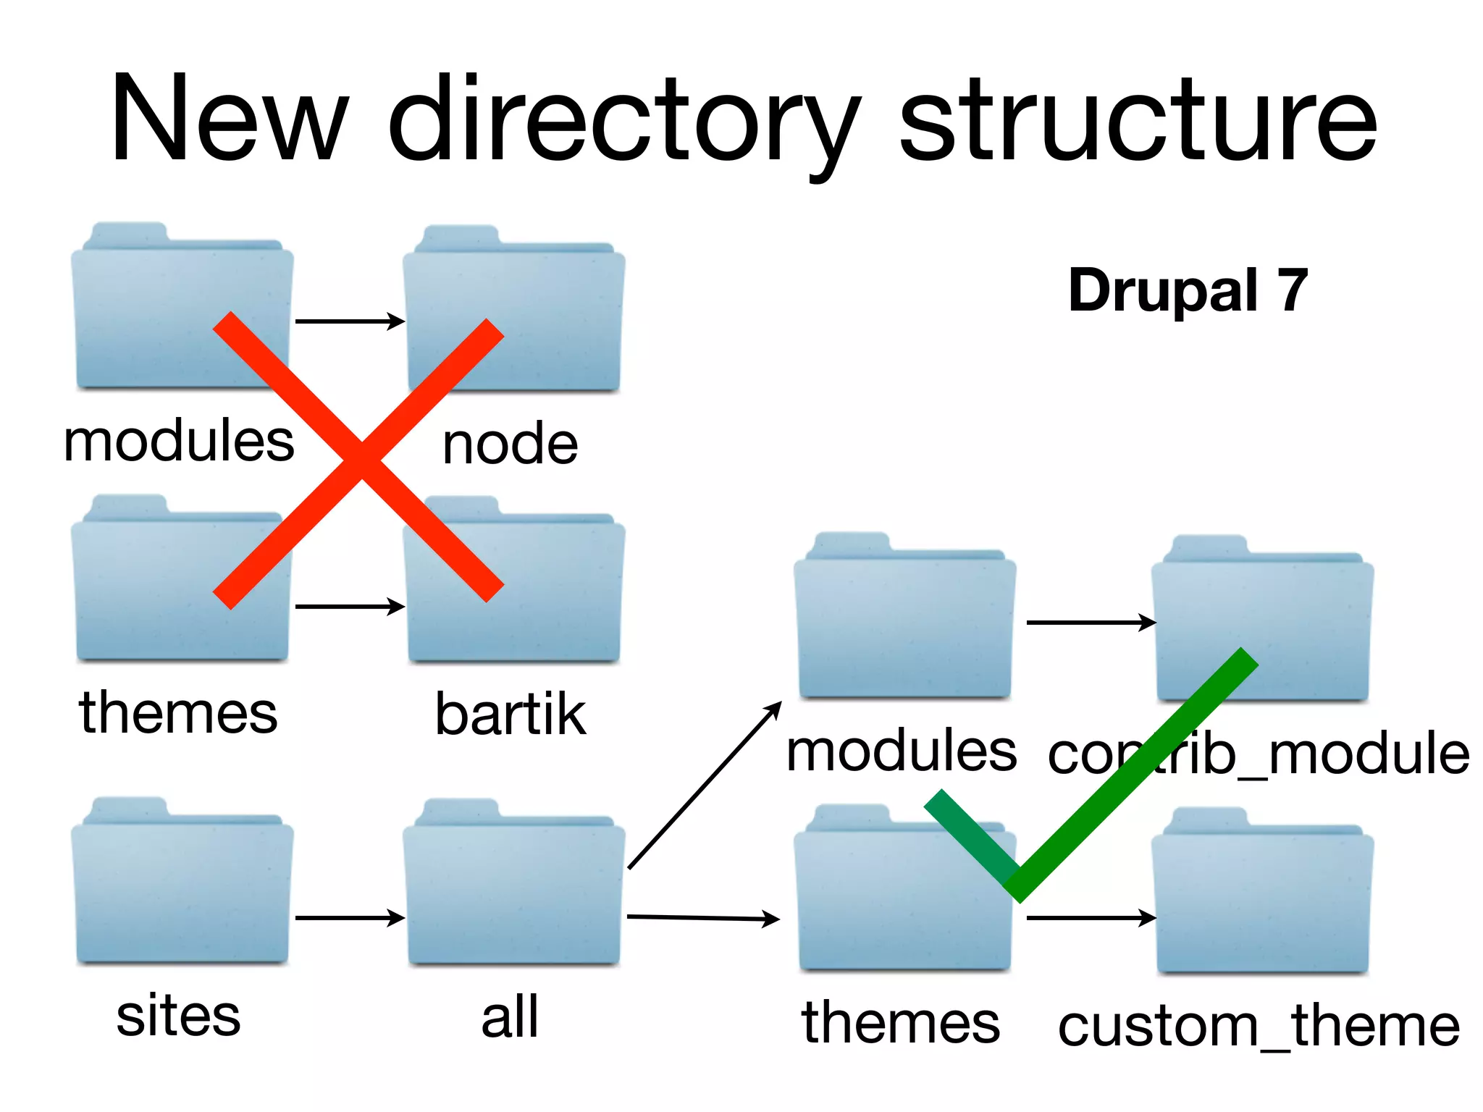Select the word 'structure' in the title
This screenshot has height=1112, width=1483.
pyautogui.click(x=1137, y=119)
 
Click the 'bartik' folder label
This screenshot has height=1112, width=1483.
pyautogui.click(x=510, y=715)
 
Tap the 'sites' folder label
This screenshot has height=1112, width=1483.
pyautogui.click(x=178, y=1015)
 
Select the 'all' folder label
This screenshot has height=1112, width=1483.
pyautogui.click(x=510, y=1016)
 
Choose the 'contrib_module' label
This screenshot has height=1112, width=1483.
pyautogui.click(x=1259, y=754)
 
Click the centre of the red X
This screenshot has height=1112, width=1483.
pyautogui.click(x=360, y=460)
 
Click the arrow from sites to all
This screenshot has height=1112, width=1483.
pyautogui.click(x=349, y=918)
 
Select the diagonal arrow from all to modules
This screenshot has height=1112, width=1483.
pyautogui.click(x=705, y=785)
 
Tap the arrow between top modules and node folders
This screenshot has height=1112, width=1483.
pyautogui.click(x=349, y=321)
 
